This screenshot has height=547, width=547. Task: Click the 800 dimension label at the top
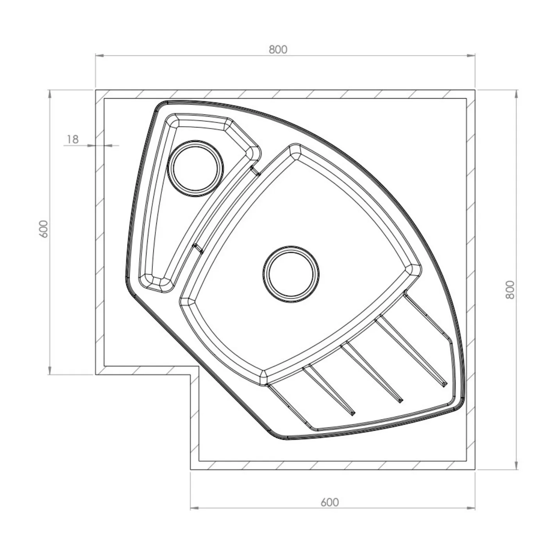pos(278,50)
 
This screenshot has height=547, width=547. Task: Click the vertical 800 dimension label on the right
pos(510,290)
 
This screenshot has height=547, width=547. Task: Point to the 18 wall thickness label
pos(73,139)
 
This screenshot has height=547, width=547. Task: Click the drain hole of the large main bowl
pos(291,274)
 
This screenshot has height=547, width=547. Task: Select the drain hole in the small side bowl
pos(196,168)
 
